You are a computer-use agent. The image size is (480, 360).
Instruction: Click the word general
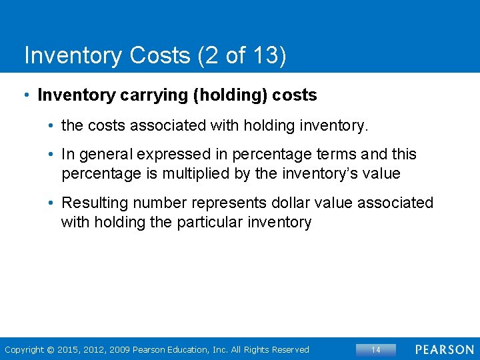coord(107,155)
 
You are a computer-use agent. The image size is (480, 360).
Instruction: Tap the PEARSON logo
coord(445,349)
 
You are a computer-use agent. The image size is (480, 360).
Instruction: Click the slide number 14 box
coord(376,349)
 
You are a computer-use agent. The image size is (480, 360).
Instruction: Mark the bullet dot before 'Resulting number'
coord(51,203)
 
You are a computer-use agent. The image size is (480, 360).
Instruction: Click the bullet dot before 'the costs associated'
coord(51,125)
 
